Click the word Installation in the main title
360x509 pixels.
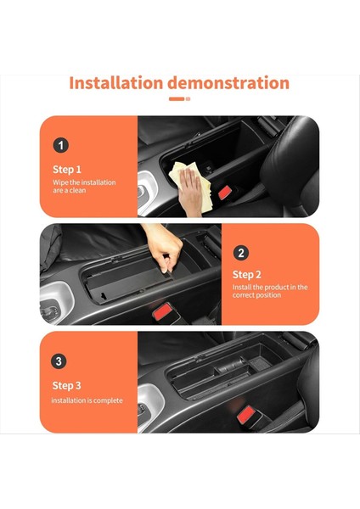[115, 83]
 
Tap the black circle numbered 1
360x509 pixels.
[60, 145]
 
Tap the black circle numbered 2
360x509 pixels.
[241, 252]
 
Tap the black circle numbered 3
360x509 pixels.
[59, 361]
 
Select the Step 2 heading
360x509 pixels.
[247, 274]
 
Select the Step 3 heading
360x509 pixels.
[67, 384]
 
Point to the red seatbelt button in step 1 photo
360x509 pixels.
[225, 193]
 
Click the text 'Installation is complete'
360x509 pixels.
[87, 400]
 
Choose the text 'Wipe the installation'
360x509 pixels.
[84, 182]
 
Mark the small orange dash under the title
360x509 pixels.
[176, 99]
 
